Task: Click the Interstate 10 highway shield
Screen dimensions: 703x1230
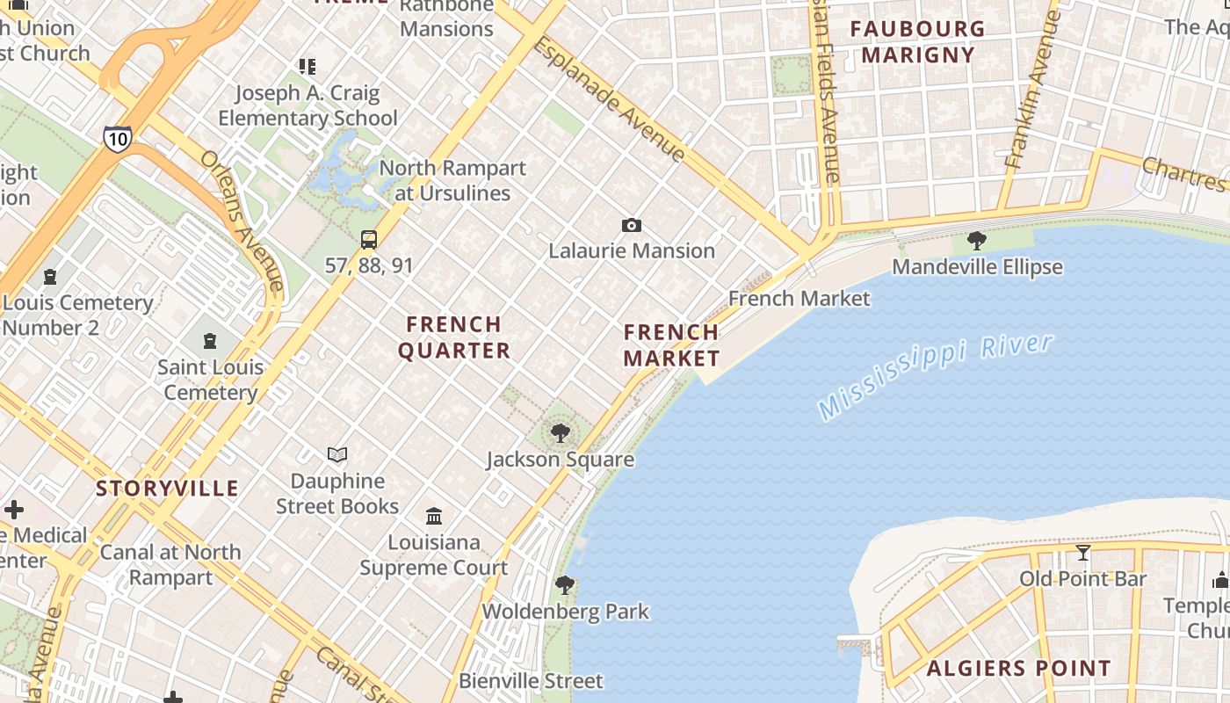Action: tap(118, 138)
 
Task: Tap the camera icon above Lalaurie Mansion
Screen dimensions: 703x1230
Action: tap(631, 226)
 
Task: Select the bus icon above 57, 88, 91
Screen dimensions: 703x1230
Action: tap(369, 240)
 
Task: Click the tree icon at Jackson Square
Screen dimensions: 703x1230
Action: tap(560, 433)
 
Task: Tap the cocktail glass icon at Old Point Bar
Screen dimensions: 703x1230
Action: tap(1082, 553)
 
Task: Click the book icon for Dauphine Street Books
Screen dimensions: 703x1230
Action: tap(337, 454)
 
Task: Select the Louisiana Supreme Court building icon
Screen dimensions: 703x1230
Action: tap(434, 516)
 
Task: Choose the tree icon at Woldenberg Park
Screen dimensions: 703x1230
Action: tap(565, 585)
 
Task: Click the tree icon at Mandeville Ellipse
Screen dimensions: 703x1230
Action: tap(976, 241)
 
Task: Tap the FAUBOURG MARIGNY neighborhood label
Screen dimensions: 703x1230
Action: tap(917, 41)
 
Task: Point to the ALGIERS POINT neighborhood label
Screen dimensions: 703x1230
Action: tap(1019, 668)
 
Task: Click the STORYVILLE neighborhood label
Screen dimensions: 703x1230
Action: tap(167, 489)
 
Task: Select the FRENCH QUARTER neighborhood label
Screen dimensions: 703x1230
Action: tap(454, 337)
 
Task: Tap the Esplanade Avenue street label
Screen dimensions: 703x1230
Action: tap(609, 98)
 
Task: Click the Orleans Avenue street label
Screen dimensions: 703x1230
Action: tap(242, 220)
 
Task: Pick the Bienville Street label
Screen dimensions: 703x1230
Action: tap(531, 681)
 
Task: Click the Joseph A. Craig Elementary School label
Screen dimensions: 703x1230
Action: tap(307, 105)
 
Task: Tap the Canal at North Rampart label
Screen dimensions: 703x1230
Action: tap(170, 564)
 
